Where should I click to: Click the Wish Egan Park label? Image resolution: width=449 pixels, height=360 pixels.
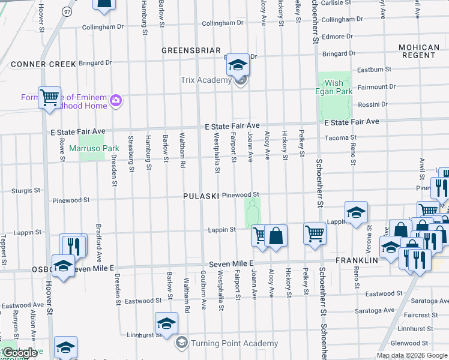(x=334, y=88)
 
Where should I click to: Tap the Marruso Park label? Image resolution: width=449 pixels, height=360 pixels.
(x=99, y=148)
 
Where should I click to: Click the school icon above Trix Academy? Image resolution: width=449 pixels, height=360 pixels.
(x=238, y=65)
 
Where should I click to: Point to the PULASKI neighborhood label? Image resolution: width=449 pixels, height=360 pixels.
(x=201, y=197)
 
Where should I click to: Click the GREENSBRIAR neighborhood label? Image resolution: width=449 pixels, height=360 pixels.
(x=191, y=51)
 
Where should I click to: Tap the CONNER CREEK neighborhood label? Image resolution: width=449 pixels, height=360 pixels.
(x=43, y=64)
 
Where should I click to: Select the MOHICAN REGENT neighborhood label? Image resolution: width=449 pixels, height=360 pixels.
(x=418, y=51)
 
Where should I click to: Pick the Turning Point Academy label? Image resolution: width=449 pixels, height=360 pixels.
(x=234, y=344)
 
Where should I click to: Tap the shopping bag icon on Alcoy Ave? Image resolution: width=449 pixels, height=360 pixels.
(x=276, y=235)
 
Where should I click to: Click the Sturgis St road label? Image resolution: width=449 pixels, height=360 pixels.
(x=25, y=190)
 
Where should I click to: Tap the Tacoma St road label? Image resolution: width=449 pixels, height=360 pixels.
(x=337, y=137)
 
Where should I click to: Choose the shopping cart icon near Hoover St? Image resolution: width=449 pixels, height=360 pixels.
(x=49, y=97)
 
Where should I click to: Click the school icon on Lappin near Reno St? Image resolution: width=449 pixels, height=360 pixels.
(x=356, y=213)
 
